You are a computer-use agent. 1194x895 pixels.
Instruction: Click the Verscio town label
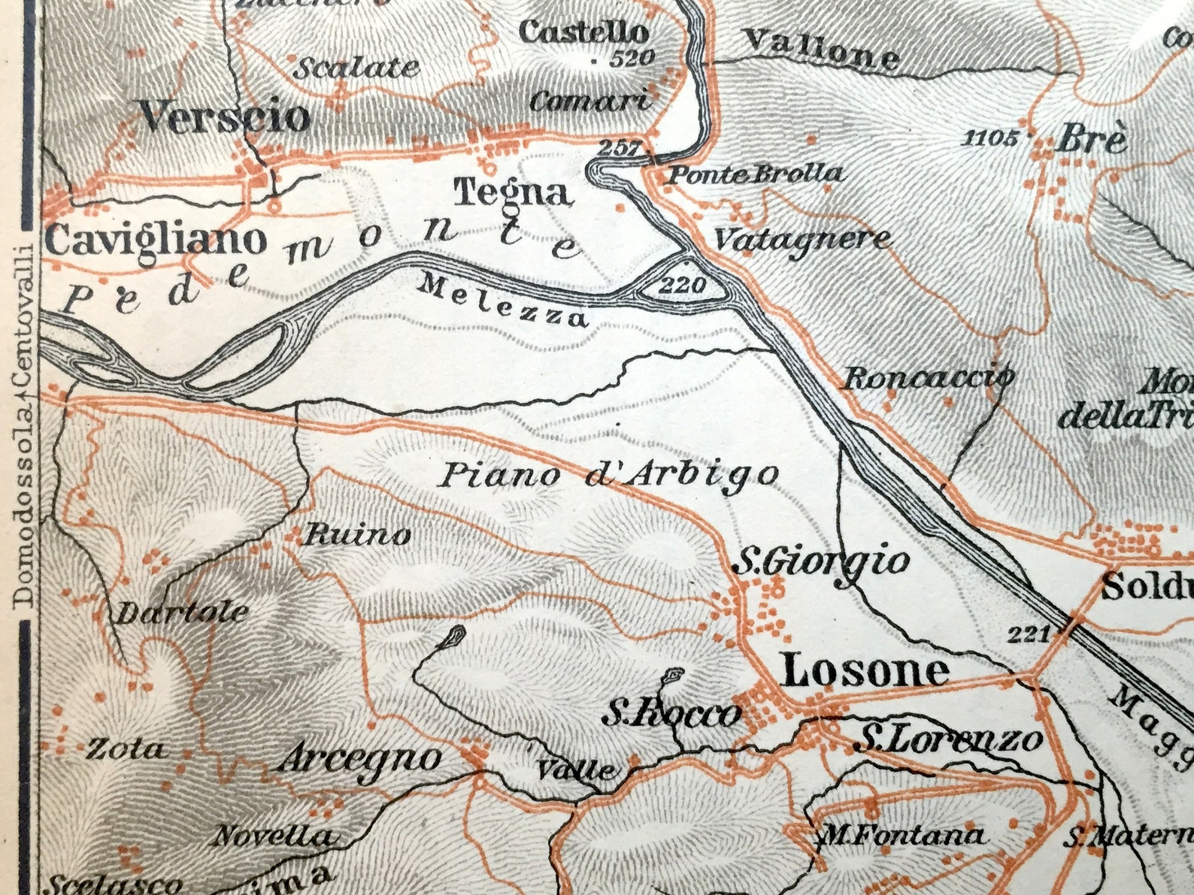point(225,118)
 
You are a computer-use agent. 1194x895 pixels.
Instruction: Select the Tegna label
point(513,192)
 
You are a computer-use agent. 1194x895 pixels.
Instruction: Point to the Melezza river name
point(502,300)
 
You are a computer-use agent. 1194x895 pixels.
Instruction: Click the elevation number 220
point(683,285)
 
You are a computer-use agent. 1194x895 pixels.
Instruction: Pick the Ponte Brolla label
point(755,175)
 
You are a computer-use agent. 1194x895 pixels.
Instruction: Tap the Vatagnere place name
point(802,240)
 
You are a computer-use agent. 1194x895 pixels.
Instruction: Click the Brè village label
point(1094,140)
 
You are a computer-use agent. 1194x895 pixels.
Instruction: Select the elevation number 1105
point(991,138)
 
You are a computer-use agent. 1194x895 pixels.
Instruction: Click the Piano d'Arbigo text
point(608,476)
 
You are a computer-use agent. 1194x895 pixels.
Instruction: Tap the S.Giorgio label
point(821,562)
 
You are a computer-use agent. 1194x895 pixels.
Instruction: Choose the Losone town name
point(865,670)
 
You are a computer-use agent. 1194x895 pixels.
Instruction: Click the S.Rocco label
point(671,713)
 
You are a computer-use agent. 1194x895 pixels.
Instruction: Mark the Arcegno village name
point(359,759)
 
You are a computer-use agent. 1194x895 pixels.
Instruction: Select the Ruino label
point(356,535)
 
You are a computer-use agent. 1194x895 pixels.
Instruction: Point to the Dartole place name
point(181,612)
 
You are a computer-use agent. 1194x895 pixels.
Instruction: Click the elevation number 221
point(1028,635)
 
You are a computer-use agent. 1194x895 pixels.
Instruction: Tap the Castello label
point(583,32)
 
